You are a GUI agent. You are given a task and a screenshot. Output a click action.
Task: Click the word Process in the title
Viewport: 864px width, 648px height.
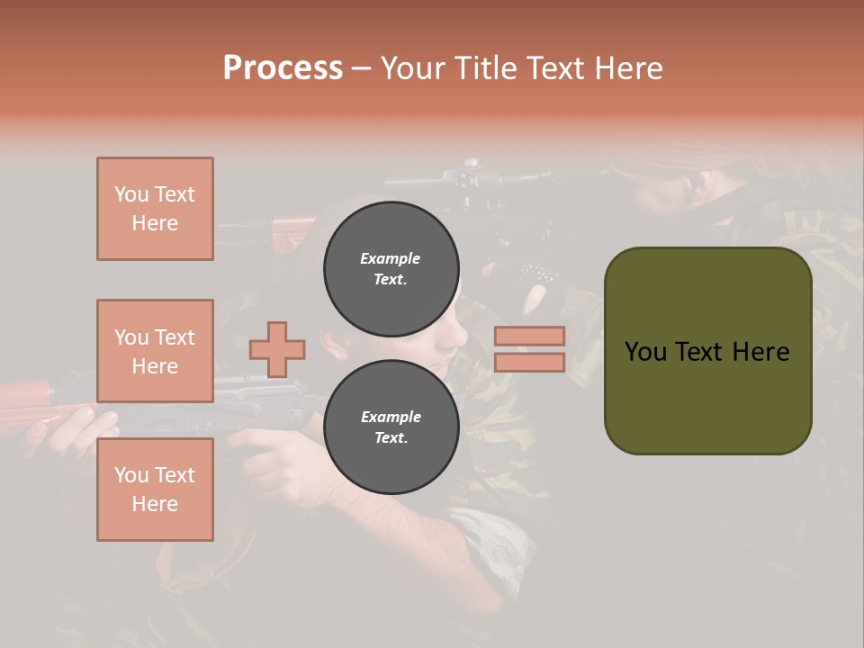(x=283, y=68)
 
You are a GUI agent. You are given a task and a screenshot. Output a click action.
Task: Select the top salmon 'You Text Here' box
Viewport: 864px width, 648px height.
(x=155, y=209)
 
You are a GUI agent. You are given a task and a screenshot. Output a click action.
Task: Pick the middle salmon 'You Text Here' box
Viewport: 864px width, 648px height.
(x=155, y=351)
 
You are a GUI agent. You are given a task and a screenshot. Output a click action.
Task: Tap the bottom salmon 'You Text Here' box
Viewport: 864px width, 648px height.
(x=155, y=490)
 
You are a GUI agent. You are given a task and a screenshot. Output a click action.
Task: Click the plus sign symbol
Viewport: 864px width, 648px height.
(x=277, y=349)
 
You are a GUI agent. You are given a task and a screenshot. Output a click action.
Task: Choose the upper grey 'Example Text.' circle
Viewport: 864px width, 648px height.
(x=391, y=268)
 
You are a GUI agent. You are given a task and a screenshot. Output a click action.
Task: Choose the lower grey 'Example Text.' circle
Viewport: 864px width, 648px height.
(x=391, y=427)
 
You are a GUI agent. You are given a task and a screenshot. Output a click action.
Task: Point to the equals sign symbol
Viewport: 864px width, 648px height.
(x=529, y=349)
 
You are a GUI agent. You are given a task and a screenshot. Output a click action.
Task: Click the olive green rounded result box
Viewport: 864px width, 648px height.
(x=707, y=351)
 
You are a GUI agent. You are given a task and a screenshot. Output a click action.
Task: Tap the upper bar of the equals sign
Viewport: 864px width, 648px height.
(x=529, y=336)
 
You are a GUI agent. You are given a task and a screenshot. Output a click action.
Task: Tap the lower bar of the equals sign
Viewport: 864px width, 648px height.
(x=529, y=362)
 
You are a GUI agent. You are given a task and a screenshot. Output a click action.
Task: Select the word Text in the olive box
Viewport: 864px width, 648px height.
(x=701, y=352)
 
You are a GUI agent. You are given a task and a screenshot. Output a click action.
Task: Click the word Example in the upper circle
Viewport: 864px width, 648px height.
(x=391, y=258)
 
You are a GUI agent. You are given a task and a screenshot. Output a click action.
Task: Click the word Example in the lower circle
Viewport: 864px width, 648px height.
(x=391, y=417)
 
